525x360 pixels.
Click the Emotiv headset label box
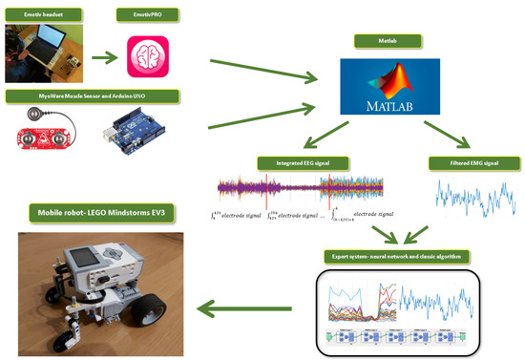pos(42,13)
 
